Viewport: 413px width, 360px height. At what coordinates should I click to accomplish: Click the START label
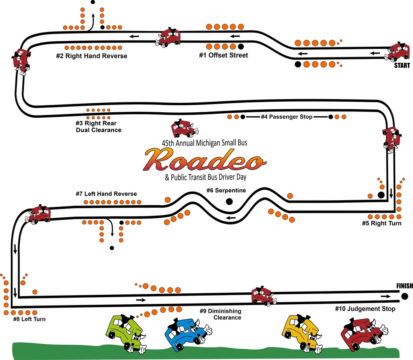402,66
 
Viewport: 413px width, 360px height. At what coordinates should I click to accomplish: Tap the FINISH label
404,286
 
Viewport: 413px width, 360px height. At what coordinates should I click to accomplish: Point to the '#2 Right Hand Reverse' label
92,56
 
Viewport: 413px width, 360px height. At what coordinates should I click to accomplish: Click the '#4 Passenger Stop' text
286,117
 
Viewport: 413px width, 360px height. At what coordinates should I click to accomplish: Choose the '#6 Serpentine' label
226,191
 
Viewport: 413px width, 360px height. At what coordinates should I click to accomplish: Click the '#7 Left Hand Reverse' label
106,194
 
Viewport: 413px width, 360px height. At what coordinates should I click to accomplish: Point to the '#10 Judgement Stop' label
365,309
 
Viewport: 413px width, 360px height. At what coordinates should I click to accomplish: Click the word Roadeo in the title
204,161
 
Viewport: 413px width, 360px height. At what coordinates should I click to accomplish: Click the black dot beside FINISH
404,296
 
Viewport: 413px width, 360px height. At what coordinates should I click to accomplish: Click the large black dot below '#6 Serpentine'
229,201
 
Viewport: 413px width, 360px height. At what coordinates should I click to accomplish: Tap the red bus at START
399,53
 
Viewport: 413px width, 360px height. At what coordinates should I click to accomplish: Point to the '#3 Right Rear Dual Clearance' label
98,126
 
